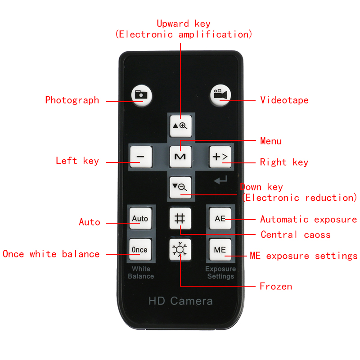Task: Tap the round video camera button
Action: [220, 95]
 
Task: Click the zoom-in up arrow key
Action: [181, 126]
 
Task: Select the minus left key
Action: [141, 157]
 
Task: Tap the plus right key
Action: [220, 157]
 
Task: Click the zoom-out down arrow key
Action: [180, 187]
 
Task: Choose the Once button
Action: [140, 250]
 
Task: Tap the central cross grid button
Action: [180, 218]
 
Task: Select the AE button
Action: [220, 218]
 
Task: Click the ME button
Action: [220, 250]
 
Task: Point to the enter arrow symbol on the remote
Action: [220, 180]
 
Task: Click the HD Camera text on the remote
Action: [181, 301]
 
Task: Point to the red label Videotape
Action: [284, 100]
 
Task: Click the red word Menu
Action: [271, 141]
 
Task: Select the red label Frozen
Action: [276, 286]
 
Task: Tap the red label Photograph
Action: [72, 100]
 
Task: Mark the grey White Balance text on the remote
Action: [141, 273]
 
